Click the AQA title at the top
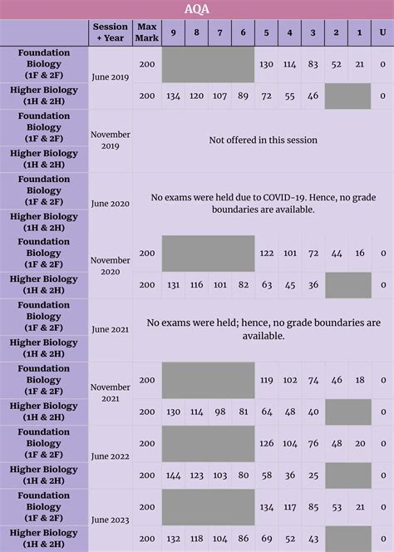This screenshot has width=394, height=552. click(197, 9)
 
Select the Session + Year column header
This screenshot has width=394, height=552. click(111, 32)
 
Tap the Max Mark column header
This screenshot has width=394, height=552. click(147, 32)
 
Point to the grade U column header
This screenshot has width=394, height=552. click(382, 32)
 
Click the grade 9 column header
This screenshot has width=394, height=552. click(173, 32)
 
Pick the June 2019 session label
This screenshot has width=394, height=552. click(111, 77)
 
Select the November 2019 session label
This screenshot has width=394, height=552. click(111, 140)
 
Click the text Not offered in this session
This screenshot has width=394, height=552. click(263, 140)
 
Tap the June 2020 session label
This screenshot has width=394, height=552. click(111, 204)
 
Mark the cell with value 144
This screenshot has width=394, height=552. click(173, 476)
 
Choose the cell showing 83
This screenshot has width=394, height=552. click(313, 65)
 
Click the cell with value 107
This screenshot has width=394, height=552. click(219, 96)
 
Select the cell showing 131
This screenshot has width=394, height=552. click(173, 285)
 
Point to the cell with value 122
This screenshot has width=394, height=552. click(267, 254)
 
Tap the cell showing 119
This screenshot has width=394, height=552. click(267, 381)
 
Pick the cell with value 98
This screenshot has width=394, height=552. click(219, 412)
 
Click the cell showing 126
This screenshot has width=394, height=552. click(267, 444)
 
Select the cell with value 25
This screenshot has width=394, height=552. click(313, 476)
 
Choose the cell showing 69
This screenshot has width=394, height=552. click(267, 539)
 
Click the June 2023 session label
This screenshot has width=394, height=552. click(111, 520)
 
